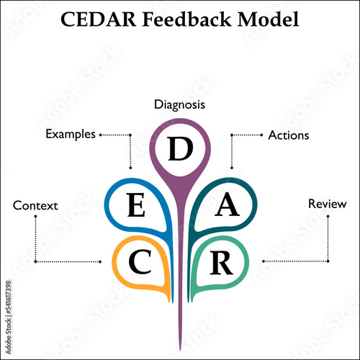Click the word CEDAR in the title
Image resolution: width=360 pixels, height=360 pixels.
99,19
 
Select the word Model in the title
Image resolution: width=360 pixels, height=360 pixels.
269,19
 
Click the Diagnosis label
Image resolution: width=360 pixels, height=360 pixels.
179,105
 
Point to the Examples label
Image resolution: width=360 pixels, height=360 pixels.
71,135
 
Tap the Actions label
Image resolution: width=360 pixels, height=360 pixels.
289,135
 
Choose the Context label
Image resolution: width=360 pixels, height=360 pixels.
35,206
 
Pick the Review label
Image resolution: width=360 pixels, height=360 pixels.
328,204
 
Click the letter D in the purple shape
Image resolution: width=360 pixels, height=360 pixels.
181,149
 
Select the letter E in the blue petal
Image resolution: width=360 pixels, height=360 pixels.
136,205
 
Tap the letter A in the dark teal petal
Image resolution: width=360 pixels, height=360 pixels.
227,204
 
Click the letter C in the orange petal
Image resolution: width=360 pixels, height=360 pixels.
140,261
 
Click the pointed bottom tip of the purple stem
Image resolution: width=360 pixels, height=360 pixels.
180,351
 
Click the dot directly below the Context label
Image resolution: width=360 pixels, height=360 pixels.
35,217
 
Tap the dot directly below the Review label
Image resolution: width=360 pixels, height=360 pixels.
328,216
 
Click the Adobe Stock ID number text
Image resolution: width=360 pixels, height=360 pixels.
9,297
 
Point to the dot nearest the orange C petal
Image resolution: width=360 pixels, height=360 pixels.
100,261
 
